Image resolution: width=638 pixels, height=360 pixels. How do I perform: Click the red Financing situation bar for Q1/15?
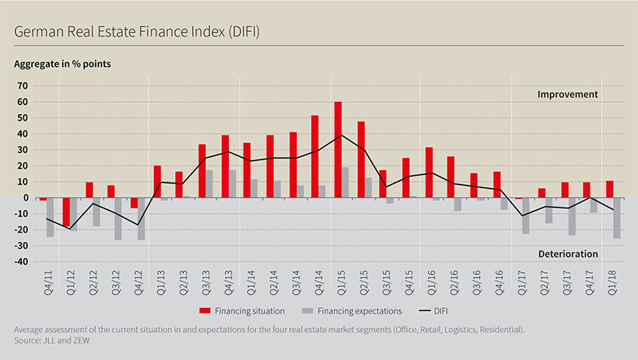[x=338, y=149]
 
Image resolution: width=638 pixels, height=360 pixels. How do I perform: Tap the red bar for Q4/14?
[x=315, y=156]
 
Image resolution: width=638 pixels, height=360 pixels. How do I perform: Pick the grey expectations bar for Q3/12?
[x=118, y=218]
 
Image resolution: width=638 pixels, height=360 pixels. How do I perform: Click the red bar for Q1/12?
[x=66, y=212]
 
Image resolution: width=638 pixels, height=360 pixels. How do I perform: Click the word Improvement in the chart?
[x=567, y=95]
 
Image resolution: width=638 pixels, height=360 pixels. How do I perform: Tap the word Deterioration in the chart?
[x=566, y=253]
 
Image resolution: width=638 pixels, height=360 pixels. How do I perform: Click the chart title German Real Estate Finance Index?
[x=137, y=32]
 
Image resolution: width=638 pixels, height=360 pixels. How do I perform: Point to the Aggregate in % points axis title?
[x=63, y=64]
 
